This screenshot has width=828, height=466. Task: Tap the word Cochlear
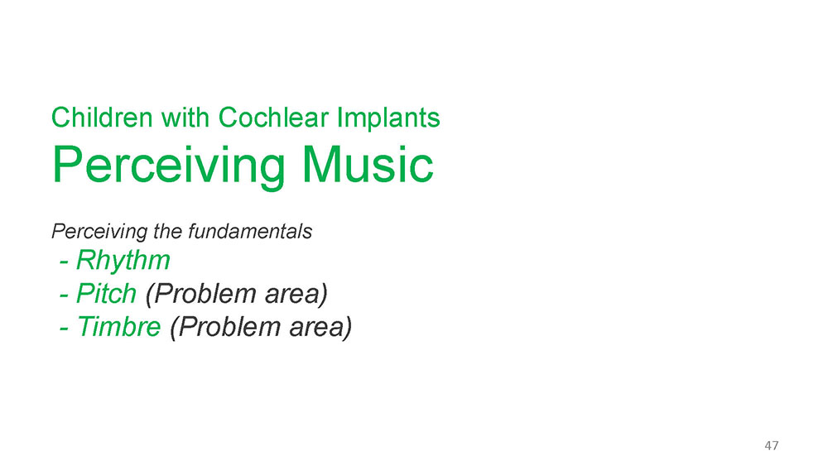[x=273, y=118]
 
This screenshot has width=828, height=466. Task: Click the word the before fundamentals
[x=168, y=231]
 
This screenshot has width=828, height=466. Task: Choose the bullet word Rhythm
[x=123, y=261]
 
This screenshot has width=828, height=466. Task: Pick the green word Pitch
[x=106, y=294]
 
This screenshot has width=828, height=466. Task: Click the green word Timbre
[x=118, y=327]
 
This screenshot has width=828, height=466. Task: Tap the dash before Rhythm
[x=64, y=262]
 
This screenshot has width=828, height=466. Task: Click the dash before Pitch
[x=64, y=295]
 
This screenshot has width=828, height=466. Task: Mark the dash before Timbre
[x=64, y=329]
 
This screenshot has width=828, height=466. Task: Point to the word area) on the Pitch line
[x=296, y=295]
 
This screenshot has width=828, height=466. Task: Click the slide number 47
[x=772, y=445]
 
